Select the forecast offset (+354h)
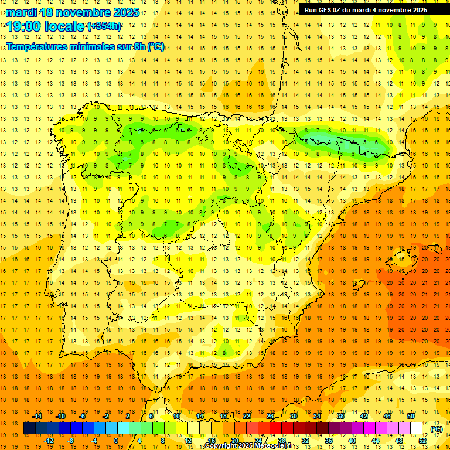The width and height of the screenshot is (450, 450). [104, 26]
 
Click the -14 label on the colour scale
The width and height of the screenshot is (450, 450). [37, 416]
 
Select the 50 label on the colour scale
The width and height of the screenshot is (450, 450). [411, 416]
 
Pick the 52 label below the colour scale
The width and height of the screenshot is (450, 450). [422, 441]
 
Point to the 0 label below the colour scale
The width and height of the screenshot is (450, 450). [116, 441]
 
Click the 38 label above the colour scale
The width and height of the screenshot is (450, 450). [340, 416]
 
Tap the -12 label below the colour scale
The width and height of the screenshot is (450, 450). [49, 441]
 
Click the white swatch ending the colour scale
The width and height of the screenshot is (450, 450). [417, 428]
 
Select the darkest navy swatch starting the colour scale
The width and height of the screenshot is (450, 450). [29, 428]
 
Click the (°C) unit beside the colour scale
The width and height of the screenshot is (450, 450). [436, 429]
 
